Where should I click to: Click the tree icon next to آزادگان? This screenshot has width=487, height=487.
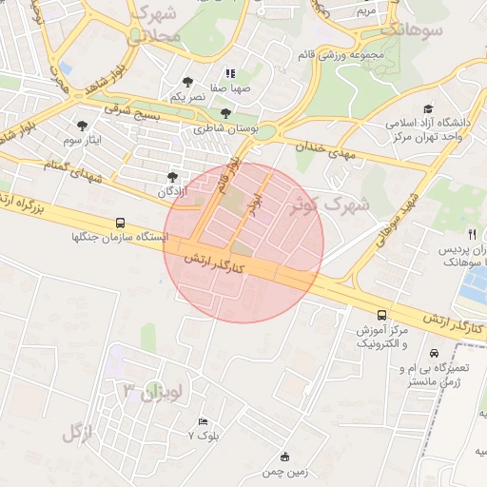tap(172, 177)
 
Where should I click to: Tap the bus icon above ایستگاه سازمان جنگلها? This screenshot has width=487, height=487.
tap(119, 222)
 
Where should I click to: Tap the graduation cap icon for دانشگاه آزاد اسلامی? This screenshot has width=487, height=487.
tap(428, 109)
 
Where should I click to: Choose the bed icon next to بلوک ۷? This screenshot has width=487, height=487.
tap(202, 421)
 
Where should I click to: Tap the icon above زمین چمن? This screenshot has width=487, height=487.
tap(284, 457)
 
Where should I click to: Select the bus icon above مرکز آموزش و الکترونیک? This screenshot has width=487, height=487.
tap(381, 314)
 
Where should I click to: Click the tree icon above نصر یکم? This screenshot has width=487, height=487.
tap(186, 82)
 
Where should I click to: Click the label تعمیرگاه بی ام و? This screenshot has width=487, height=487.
tap(429, 368)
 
